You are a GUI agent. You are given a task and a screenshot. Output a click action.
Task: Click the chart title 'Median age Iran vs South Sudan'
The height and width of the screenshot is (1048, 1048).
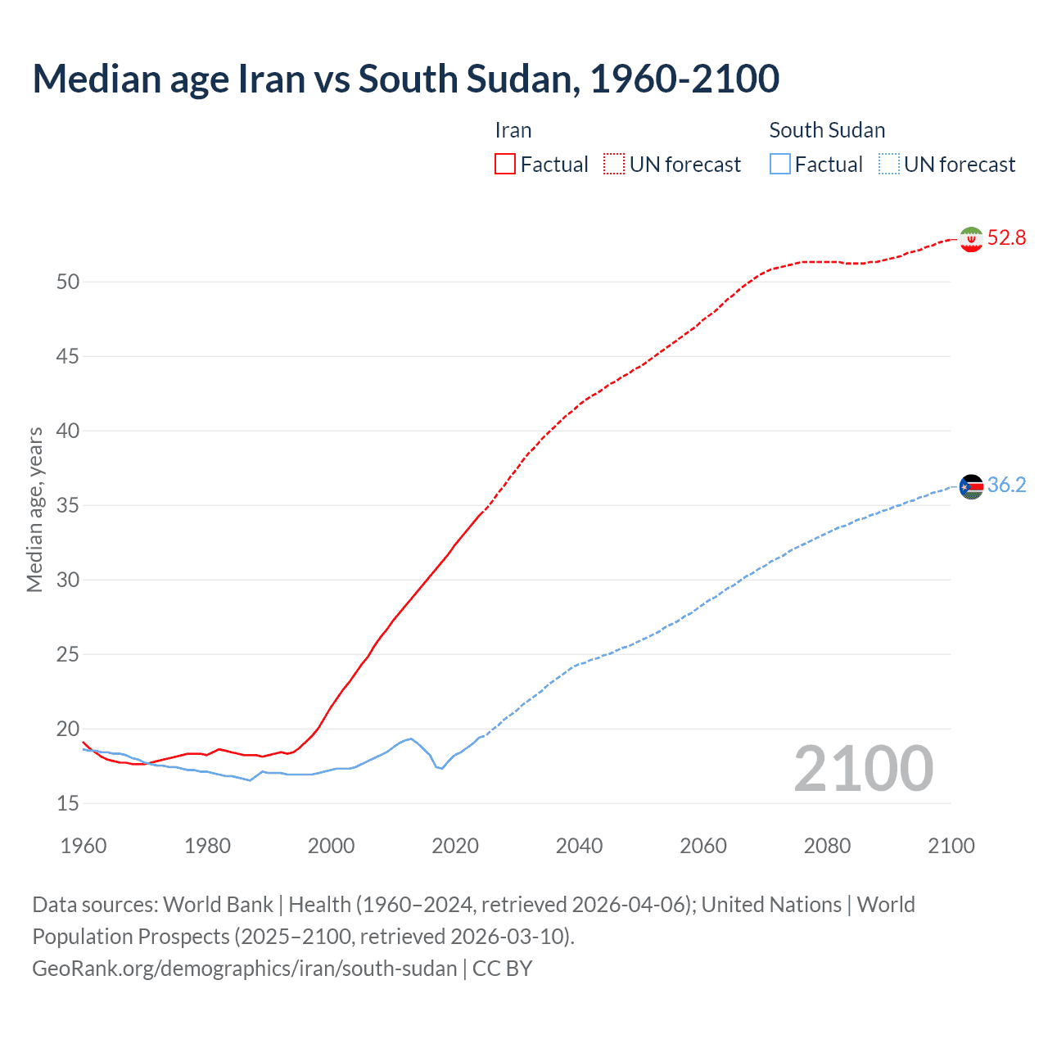405,79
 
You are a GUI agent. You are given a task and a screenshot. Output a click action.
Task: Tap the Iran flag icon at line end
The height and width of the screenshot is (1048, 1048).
970,239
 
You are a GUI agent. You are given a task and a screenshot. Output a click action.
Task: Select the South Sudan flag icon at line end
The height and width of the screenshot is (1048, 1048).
970,486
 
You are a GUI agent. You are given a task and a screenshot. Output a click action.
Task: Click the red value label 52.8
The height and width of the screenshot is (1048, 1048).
1006,238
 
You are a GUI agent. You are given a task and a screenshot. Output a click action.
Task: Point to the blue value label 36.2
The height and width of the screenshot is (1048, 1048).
1006,486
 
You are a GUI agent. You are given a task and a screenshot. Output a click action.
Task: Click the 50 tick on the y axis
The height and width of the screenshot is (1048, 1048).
68,282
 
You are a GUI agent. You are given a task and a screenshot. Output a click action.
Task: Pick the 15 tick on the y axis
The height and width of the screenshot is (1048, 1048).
68,803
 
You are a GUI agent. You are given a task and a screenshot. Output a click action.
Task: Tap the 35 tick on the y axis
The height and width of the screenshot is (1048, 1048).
68,505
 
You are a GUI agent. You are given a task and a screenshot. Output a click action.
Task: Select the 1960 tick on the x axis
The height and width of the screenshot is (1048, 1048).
84,846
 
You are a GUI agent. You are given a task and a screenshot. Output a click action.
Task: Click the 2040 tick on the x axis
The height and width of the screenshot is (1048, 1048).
579,846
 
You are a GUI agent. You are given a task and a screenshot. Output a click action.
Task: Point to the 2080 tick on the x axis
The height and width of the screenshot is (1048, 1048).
827,846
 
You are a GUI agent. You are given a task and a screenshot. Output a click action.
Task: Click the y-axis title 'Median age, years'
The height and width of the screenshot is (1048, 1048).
34,509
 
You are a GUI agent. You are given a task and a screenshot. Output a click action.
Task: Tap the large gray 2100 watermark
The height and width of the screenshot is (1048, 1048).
863,769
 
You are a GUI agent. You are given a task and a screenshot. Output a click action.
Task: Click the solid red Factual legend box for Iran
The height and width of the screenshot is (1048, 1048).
505,165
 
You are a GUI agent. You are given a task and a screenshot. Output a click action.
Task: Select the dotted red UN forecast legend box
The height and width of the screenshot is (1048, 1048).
614,165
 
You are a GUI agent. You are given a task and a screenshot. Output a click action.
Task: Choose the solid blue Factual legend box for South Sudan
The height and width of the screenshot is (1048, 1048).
779,165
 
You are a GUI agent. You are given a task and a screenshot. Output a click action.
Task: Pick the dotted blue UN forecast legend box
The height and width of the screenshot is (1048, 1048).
888,165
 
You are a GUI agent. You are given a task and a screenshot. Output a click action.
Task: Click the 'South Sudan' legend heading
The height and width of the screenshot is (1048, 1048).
827,130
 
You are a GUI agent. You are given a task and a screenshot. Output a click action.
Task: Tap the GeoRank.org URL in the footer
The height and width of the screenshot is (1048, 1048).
244,969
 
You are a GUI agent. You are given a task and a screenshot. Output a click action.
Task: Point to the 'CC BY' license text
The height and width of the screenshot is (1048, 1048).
502,969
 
